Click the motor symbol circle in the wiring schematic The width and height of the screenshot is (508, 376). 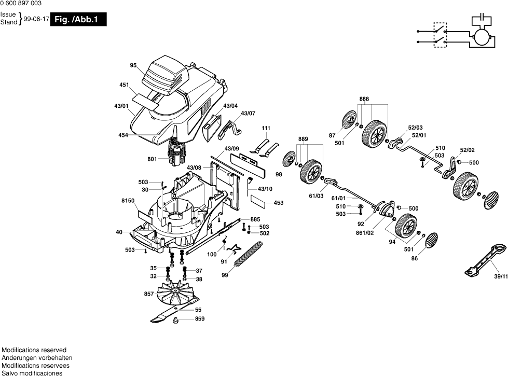click(x=481, y=36)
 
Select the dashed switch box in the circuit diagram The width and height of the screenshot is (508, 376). click(x=441, y=35)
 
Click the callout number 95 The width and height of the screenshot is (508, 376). click(x=133, y=65)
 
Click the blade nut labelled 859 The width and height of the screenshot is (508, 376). click(x=175, y=321)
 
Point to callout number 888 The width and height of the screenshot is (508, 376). click(x=364, y=99)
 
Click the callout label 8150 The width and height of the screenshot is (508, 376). click(x=128, y=200)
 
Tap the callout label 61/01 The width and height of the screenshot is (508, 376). click(x=338, y=198)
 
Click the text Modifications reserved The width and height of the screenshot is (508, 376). click(x=34, y=350)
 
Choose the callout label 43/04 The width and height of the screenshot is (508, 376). click(x=230, y=106)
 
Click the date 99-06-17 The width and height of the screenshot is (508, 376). click(x=36, y=19)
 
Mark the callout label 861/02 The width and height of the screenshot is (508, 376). click(x=365, y=233)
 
